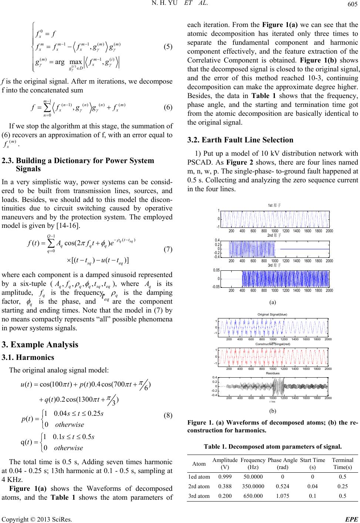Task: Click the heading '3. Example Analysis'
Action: click(40, 345)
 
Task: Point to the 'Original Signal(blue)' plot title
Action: click(275, 314)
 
